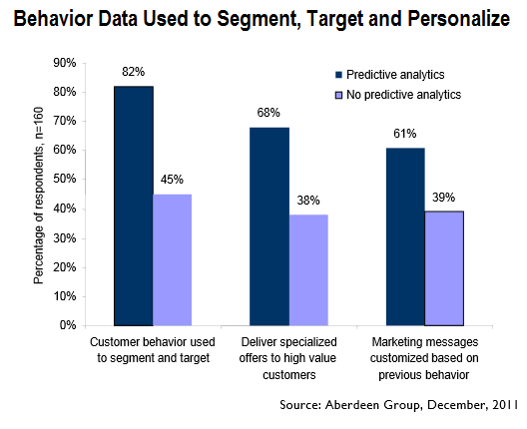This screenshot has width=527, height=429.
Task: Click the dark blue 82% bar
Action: coord(133,206)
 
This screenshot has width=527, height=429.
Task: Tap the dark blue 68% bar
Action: coord(269,226)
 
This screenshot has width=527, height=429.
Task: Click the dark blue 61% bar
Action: coord(405,236)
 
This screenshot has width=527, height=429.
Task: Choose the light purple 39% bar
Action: coord(444,268)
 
